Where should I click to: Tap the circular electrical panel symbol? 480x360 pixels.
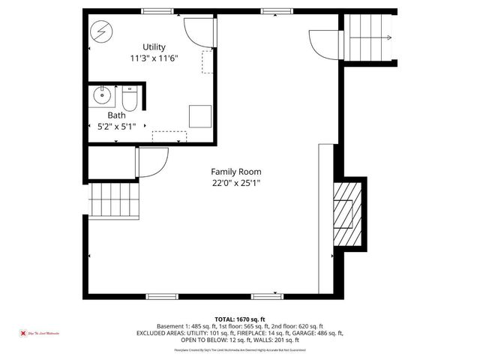point(100,33)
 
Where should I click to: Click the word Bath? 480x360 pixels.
point(116,115)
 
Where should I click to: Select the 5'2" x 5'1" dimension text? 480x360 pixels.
point(116,127)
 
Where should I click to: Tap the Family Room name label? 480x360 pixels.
point(235,172)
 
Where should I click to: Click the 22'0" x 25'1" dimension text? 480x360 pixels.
point(235,182)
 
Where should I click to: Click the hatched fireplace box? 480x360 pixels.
point(346,213)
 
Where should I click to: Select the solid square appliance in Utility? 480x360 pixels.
point(199,116)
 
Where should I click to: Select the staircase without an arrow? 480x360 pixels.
point(115,200)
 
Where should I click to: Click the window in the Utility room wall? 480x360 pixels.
point(154,10)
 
